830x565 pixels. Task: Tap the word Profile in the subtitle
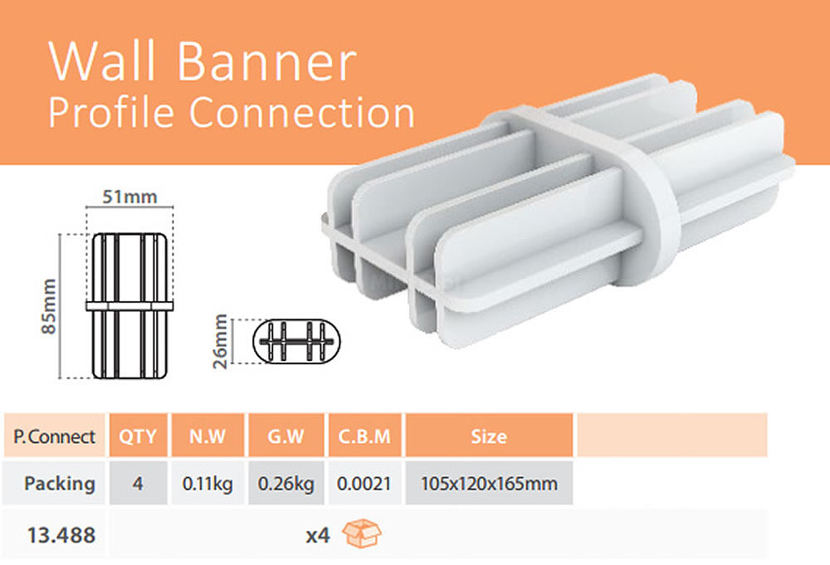[x=111, y=112]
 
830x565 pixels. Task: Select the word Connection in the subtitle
[x=302, y=112]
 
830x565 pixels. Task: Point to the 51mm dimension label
[x=129, y=197]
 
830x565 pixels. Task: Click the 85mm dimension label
[x=49, y=306]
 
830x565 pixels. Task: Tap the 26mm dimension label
[x=220, y=341]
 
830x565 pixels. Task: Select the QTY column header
[x=138, y=436]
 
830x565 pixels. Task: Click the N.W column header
[x=207, y=436]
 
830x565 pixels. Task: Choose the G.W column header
[x=286, y=436]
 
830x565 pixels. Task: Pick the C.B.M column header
[x=364, y=436]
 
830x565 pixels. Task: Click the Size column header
[x=489, y=436]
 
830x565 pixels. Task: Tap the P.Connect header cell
[x=55, y=436]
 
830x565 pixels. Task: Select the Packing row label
[x=60, y=484]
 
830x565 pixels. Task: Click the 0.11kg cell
[x=207, y=484]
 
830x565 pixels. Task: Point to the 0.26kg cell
[x=286, y=484]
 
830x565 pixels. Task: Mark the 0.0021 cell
[x=364, y=484]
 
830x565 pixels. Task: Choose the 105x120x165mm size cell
[x=489, y=484]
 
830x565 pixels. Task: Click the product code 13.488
[x=61, y=535]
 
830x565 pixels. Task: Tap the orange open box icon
[x=362, y=533]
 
